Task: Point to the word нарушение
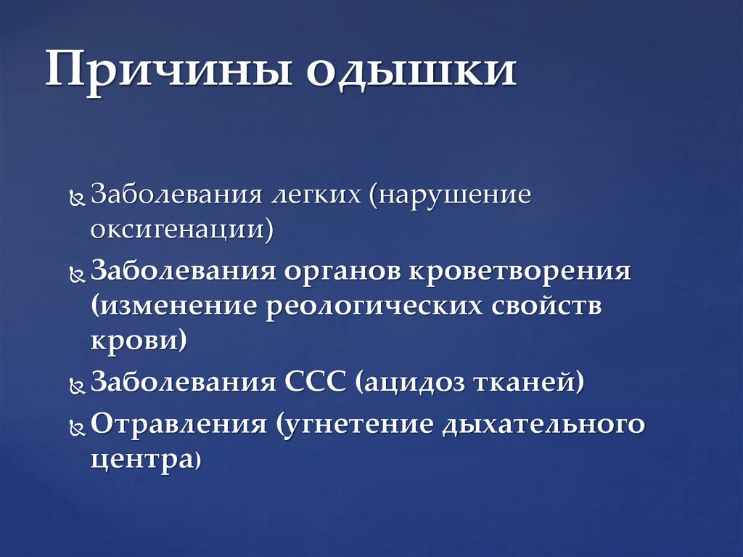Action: [453, 197]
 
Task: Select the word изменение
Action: [178, 306]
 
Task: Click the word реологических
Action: [374, 306]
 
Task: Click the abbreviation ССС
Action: [316, 382]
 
